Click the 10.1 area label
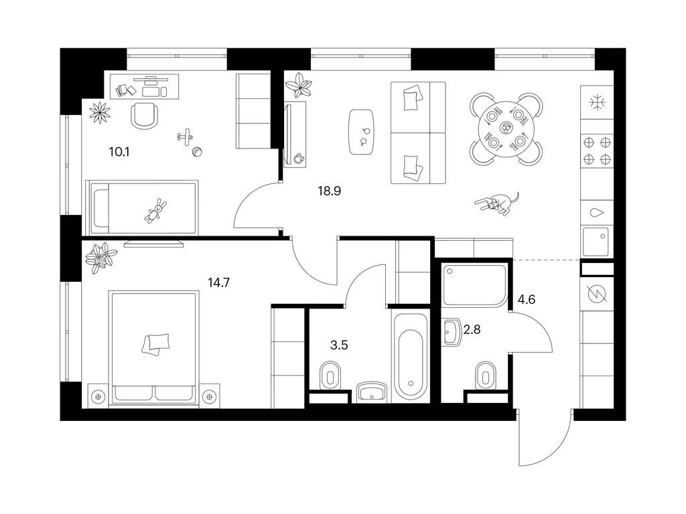[119, 153]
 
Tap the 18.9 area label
[330, 191]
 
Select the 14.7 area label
[219, 283]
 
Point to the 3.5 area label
[339, 345]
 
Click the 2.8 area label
[472, 329]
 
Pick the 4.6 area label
[527, 300]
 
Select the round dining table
[506, 128]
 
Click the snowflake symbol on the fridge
[596, 103]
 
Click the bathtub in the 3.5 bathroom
[411, 356]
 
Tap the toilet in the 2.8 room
[485, 375]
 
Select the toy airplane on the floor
[186, 136]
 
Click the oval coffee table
[362, 132]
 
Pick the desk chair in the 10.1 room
[145, 116]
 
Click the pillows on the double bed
[155, 343]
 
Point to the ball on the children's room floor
[197, 152]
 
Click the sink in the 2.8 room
[451, 333]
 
